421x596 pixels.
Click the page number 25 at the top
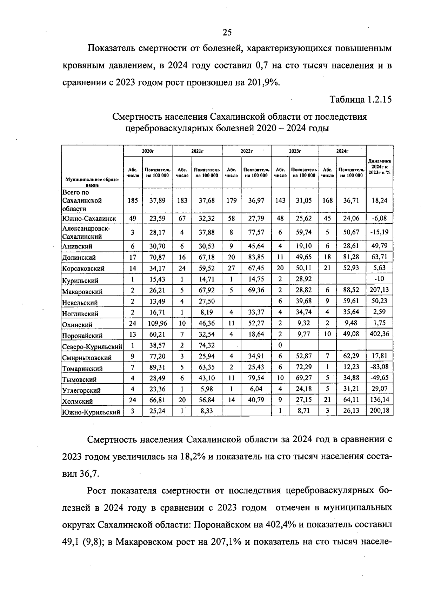pyautogui.click(x=227, y=33)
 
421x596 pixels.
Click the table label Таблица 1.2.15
pyautogui.click(x=360, y=100)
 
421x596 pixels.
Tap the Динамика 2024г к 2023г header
pyautogui.click(x=379, y=167)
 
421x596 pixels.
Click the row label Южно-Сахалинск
pyautogui.click(x=89, y=219)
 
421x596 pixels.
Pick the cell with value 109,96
pyautogui.click(x=157, y=323)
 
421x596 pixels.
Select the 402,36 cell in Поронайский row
pyautogui.click(x=379, y=334)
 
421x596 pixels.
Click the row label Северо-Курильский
pyautogui.click(x=92, y=347)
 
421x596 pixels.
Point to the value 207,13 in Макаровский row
pyautogui.click(x=379, y=290)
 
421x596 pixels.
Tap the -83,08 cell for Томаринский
pyautogui.click(x=379, y=367)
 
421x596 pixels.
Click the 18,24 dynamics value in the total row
pyautogui.click(x=379, y=200)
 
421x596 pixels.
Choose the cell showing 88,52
pyautogui.click(x=351, y=290)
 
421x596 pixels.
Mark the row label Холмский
pyautogui.click(x=78, y=401)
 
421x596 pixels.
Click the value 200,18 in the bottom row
pyautogui.click(x=379, y=411)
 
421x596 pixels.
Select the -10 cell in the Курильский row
pyautogui.click(x=379, y=279)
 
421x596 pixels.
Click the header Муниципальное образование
pyautogui.click(x=92, y=182)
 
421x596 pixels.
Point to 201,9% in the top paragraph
pyautogui.click(x=262, y=83)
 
